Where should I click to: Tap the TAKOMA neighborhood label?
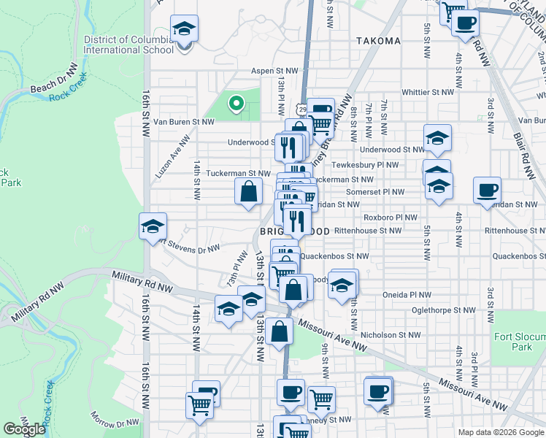379,41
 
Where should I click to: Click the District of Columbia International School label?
129,45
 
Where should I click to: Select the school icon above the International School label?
184,30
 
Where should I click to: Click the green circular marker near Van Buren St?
236,104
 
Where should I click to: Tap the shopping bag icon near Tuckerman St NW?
248,193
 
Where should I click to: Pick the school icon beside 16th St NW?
153,227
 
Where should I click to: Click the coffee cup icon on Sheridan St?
487,191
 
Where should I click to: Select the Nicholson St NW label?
396,335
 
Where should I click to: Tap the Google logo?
24,429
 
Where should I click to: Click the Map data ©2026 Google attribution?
501,432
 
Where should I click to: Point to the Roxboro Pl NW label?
390,218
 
